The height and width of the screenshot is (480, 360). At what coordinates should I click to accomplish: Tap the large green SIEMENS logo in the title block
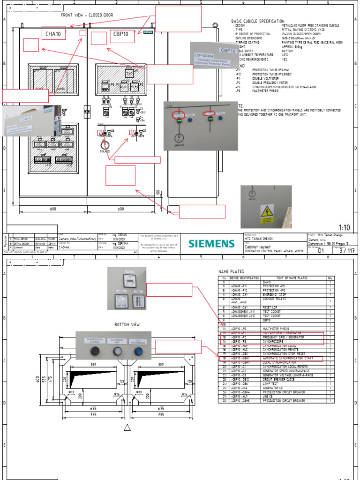[x=211, y=243]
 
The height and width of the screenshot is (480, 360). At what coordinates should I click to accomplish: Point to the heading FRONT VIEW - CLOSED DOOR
[x=87, y=15]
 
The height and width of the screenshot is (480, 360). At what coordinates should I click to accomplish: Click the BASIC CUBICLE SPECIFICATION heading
[x=257, y=21]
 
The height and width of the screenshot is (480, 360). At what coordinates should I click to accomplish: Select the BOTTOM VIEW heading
[x=127, y=324]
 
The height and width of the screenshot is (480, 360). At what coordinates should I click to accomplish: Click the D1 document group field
[x=321, y=251]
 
